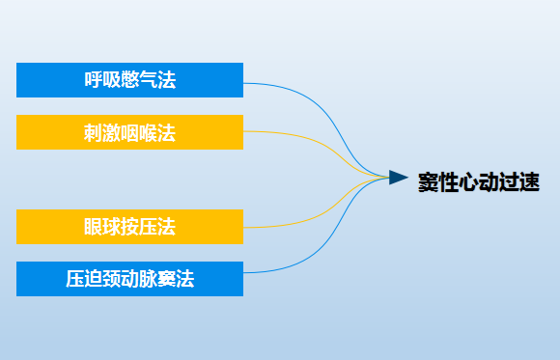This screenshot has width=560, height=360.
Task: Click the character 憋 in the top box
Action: tap(129, 80)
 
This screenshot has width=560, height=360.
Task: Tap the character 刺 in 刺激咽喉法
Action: tap(93, 132)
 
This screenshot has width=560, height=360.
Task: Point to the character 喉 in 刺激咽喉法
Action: tap(148, 132)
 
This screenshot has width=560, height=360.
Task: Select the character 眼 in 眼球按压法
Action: tap(93, 228)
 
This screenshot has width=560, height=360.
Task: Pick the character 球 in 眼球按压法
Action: tap(111, 228)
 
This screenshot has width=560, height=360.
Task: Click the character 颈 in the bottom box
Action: tap(111, 280)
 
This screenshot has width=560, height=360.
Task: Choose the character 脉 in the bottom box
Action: tap(148, 280)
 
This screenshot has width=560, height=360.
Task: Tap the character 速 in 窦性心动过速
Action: tap(528, 180)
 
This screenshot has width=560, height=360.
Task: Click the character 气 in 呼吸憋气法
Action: tap(148, 80)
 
